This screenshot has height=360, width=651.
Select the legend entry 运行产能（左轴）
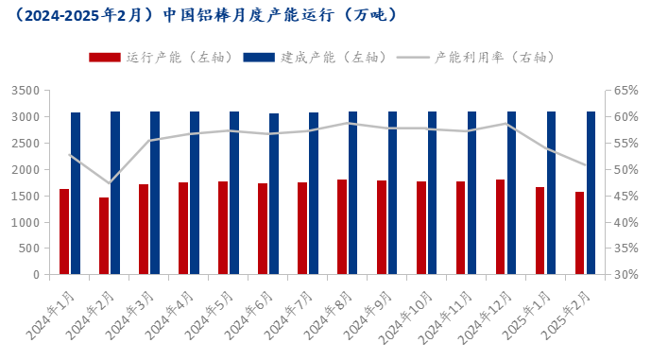[162, 57]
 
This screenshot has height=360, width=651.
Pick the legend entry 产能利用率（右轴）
[476, 57]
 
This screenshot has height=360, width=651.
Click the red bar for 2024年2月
[104, 236]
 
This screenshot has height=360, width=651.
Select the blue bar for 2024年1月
[76, 194]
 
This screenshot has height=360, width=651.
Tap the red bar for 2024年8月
[342, 227]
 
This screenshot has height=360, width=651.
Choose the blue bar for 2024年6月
[274, 194]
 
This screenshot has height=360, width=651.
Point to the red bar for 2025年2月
[580, 233]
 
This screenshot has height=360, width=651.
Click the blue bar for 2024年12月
[512, 193]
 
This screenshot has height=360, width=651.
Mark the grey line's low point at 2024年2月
[110, 183]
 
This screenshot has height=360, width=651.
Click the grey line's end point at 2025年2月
[586, 165]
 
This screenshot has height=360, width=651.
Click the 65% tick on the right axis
[625, 91]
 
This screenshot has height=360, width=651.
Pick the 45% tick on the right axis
[625, 196]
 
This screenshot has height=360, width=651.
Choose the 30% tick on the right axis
[625, 275]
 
